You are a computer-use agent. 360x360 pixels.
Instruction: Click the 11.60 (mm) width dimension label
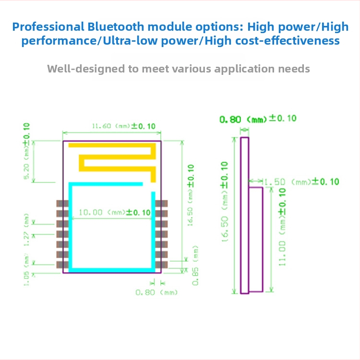(123, 126)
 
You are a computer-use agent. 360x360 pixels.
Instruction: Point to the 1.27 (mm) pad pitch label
(27, 234)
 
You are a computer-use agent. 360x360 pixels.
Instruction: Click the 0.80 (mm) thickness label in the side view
(258, 119)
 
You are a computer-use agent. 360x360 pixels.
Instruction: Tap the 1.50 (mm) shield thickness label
(301, 181)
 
